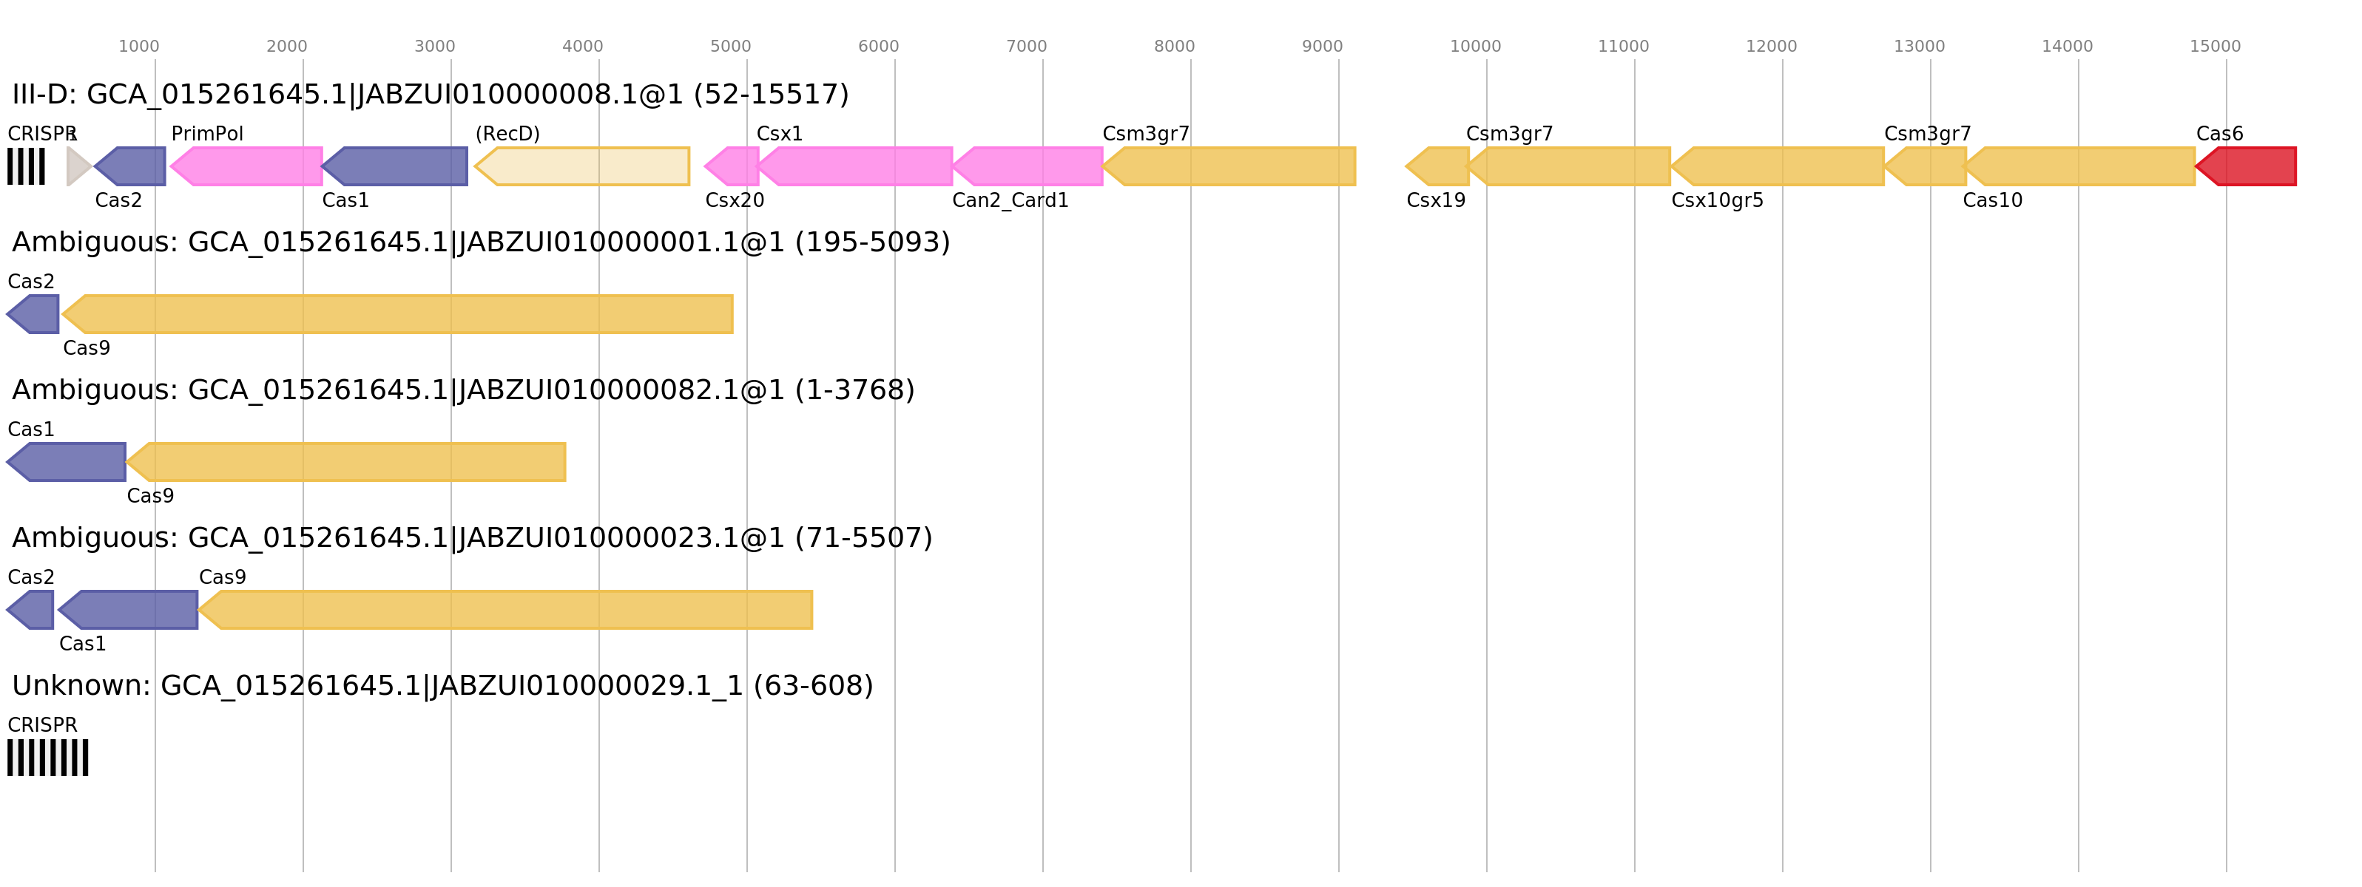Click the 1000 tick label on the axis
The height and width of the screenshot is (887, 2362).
click(138, 47)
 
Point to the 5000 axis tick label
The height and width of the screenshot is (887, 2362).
click(730, 47)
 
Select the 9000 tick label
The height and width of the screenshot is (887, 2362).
click(1321, 47)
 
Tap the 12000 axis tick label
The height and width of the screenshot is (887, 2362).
click(1771, 47)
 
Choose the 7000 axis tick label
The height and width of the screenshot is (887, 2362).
click(1026, 47)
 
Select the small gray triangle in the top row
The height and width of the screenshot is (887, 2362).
click(77, 167)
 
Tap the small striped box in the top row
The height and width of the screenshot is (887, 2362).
click(26, 167)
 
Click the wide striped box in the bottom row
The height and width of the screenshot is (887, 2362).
click(47, 758)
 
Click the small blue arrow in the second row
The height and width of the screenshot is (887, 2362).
click(34, 314)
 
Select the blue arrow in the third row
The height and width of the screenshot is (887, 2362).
click(68, 462)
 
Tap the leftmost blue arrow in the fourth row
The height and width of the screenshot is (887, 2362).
click(32, 611)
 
